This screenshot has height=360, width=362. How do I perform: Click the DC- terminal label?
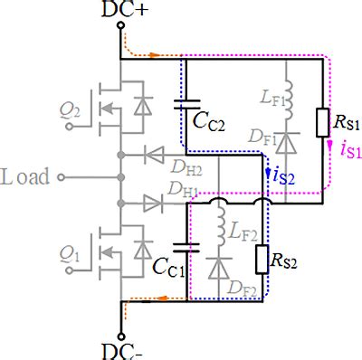click(x=119, y=350)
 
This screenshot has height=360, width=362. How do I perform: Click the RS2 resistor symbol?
click(x=262, y=261)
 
